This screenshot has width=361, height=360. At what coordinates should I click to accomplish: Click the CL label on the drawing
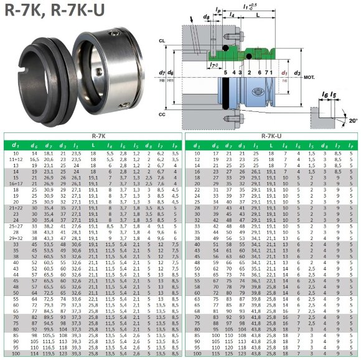tap(162, 41)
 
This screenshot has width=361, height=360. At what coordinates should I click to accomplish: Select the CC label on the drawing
tap(162, 114)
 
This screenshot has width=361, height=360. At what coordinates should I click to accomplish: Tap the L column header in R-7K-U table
tap(271, 145)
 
